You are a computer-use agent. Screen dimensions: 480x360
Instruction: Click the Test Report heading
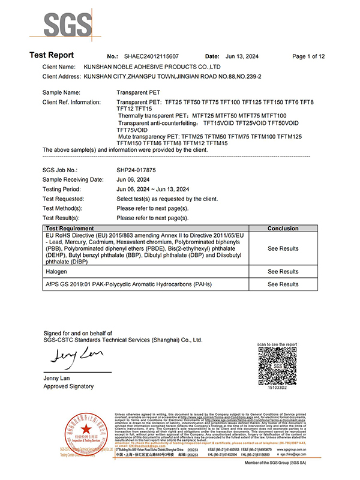tap(52, 55)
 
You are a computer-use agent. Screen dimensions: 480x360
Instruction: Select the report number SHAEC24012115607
tap(152, 56)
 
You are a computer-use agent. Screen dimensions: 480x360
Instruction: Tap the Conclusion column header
tap(283, 229)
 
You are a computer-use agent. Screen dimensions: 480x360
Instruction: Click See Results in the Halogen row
tap(283, 272)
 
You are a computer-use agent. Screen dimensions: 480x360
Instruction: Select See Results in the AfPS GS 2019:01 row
tap(283, 284)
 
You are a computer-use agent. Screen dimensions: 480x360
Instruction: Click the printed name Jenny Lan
tap(57, 378)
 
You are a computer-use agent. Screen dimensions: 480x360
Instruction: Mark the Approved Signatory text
tap(68, 386)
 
